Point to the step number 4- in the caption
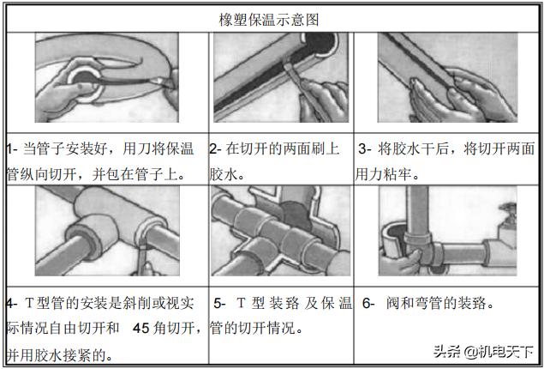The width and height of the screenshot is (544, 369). pos(12,303)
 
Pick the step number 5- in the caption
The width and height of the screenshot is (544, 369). pos(220,303)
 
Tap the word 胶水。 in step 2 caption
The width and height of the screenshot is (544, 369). pos(228,173)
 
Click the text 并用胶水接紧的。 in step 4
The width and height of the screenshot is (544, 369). pos(63,353)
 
